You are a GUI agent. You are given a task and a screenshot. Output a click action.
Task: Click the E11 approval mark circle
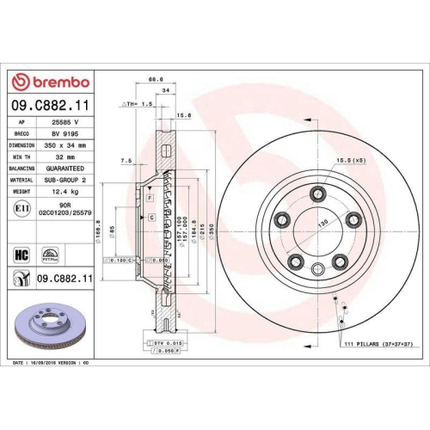21,208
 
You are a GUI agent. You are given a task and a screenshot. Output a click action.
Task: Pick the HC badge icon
21,254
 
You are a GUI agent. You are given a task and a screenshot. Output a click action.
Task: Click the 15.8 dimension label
182,114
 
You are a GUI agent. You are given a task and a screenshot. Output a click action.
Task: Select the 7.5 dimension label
127,160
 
